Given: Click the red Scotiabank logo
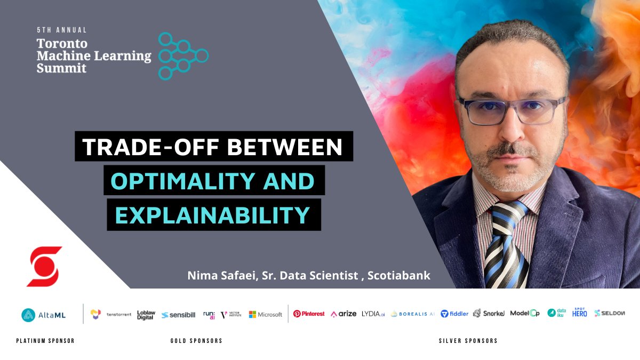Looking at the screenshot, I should (44, 266).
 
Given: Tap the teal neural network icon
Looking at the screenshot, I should (183, 56).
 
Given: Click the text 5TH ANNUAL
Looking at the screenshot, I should (61, 30).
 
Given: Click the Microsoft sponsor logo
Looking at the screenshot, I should (266, 315).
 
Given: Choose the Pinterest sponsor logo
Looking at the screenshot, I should (309, 314).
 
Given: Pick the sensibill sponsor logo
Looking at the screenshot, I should (179, 315).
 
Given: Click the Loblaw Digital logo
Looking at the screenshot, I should (146, 315).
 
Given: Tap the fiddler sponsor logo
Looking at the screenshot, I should (455, 314).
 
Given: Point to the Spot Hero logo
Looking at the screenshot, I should (580, 313).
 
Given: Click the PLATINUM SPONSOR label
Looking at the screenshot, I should (45, 341).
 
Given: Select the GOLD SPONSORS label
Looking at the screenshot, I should (196, 341).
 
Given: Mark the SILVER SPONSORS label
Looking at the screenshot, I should (468, 341).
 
